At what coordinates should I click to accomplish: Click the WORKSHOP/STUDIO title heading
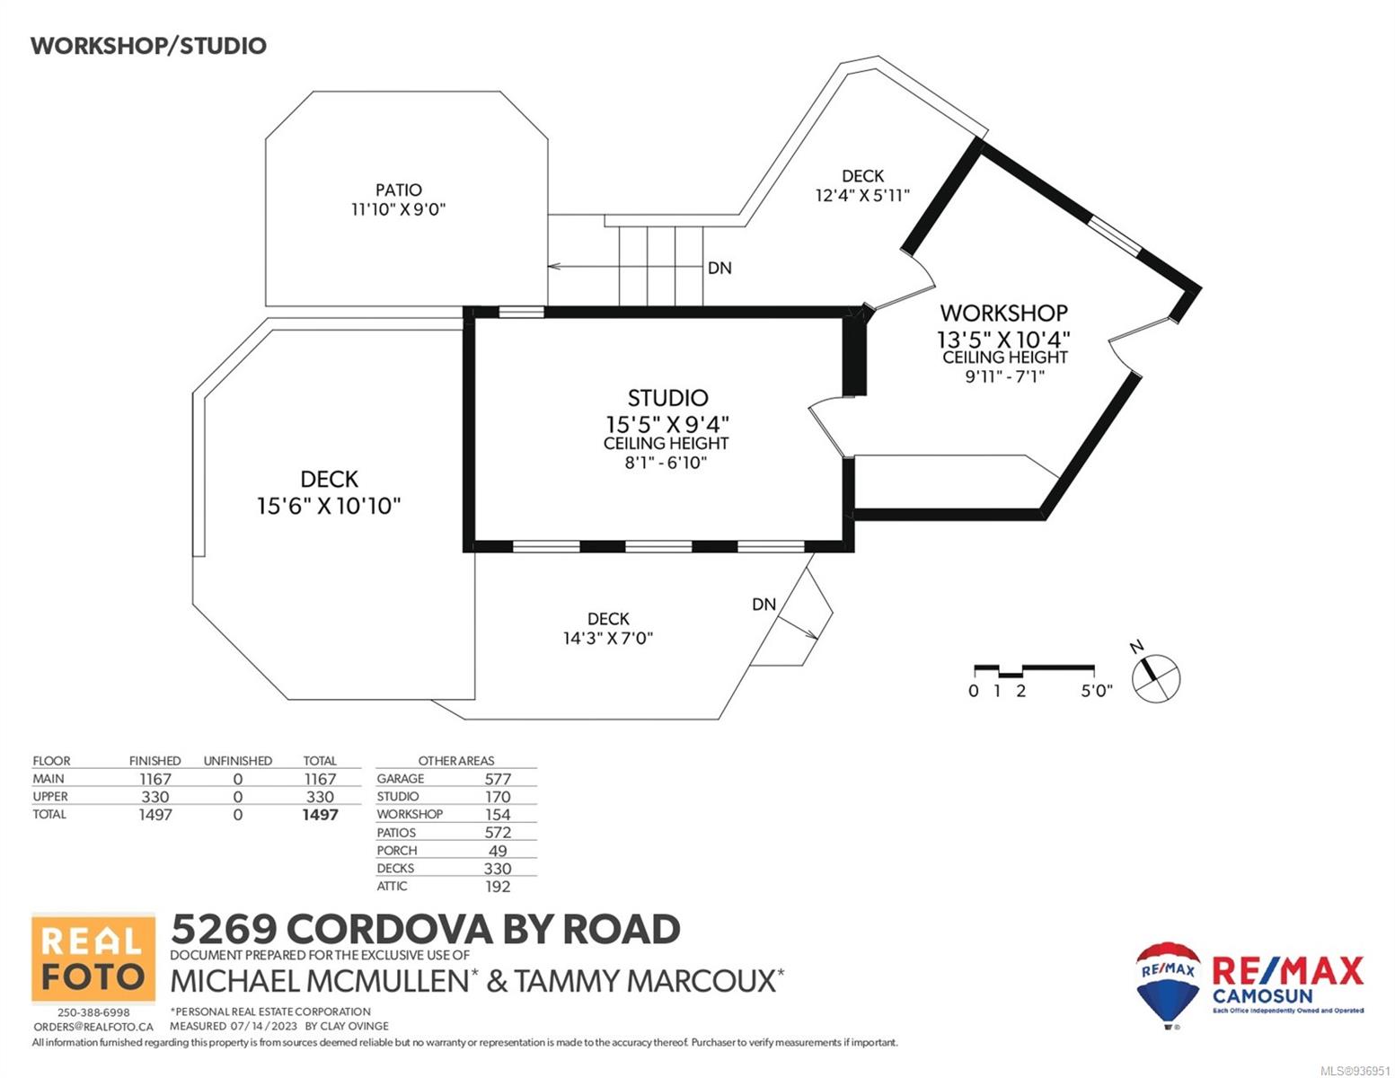148,46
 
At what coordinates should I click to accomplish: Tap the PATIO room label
399,190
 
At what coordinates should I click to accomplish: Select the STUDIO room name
667,398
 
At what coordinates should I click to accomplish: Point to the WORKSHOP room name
1004,314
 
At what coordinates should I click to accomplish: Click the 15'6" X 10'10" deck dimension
329,506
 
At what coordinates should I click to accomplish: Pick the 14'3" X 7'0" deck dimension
608,638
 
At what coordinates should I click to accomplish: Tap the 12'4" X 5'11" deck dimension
863,195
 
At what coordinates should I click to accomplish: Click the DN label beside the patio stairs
720,269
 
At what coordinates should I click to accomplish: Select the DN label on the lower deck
764,605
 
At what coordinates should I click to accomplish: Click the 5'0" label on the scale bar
1097,692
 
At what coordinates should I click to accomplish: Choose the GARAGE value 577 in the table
498,780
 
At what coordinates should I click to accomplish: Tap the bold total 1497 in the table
320,815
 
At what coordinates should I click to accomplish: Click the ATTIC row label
392,886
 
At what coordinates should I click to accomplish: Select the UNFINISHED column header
237,761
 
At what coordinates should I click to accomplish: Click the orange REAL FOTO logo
93,959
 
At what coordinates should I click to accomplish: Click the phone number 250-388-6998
93,1012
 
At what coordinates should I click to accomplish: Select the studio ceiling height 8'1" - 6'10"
666,463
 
